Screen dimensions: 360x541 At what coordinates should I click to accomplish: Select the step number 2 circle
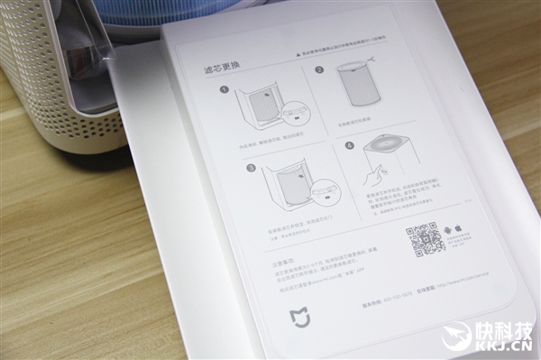click(319, 69)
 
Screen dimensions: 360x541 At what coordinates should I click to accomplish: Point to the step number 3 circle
click(251, 170)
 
